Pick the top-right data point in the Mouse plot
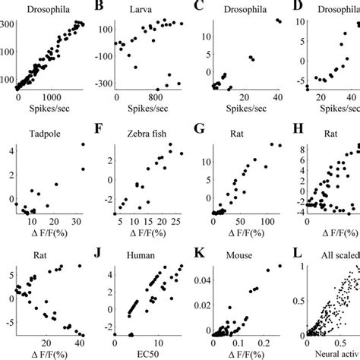click(279, 267)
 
